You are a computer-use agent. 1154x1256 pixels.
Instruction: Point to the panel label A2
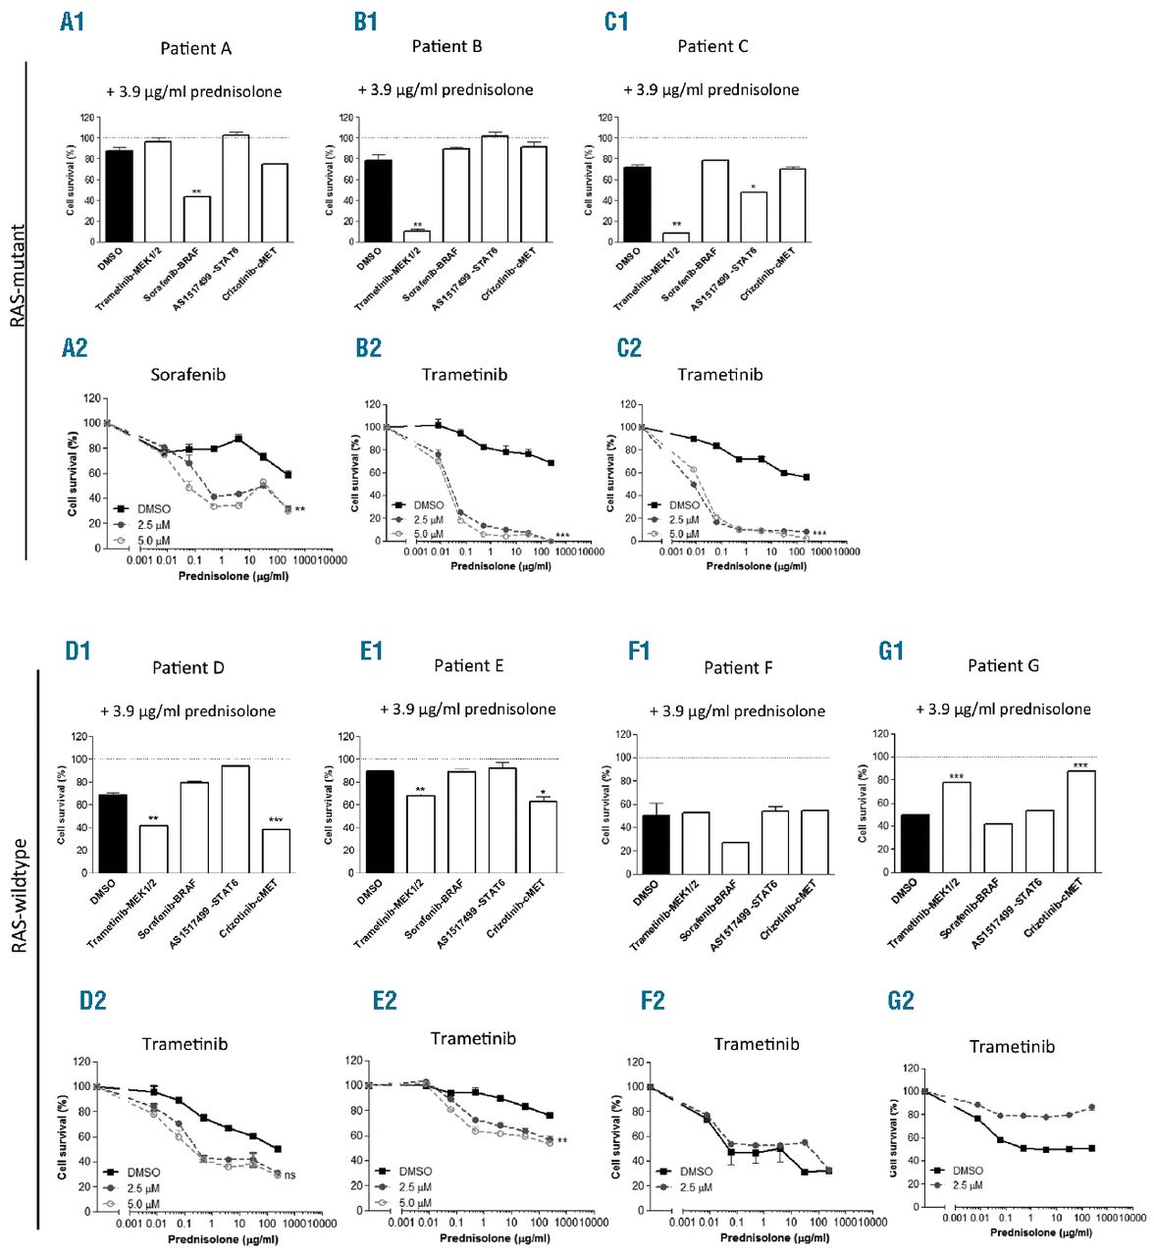(74, 347)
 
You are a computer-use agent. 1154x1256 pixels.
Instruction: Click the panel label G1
(890, 651)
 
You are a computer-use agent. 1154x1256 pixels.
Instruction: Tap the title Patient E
(468, 665)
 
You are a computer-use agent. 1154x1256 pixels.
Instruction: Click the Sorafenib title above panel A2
(187, 374)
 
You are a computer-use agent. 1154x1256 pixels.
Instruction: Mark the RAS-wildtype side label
(19, 896)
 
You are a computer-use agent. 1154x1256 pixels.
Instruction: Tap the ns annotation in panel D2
(290, 1175)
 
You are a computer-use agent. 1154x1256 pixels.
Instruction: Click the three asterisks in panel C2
(818, 534)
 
